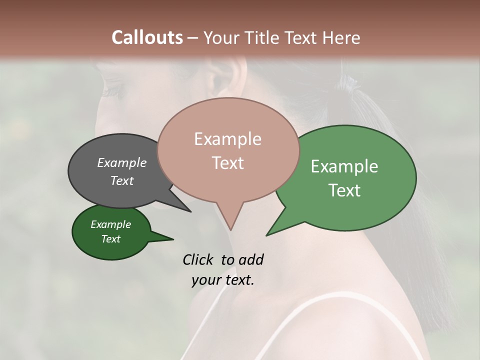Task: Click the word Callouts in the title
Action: (x=147, y=37)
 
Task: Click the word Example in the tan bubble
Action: (x=228, y=139)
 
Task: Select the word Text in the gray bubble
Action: (x=122, y=180)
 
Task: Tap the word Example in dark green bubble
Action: (x=111, y=224)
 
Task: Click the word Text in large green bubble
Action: (x=345, y=190)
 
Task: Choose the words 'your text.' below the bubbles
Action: (x=223, y=280)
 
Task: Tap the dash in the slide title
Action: (x=193, y=38)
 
